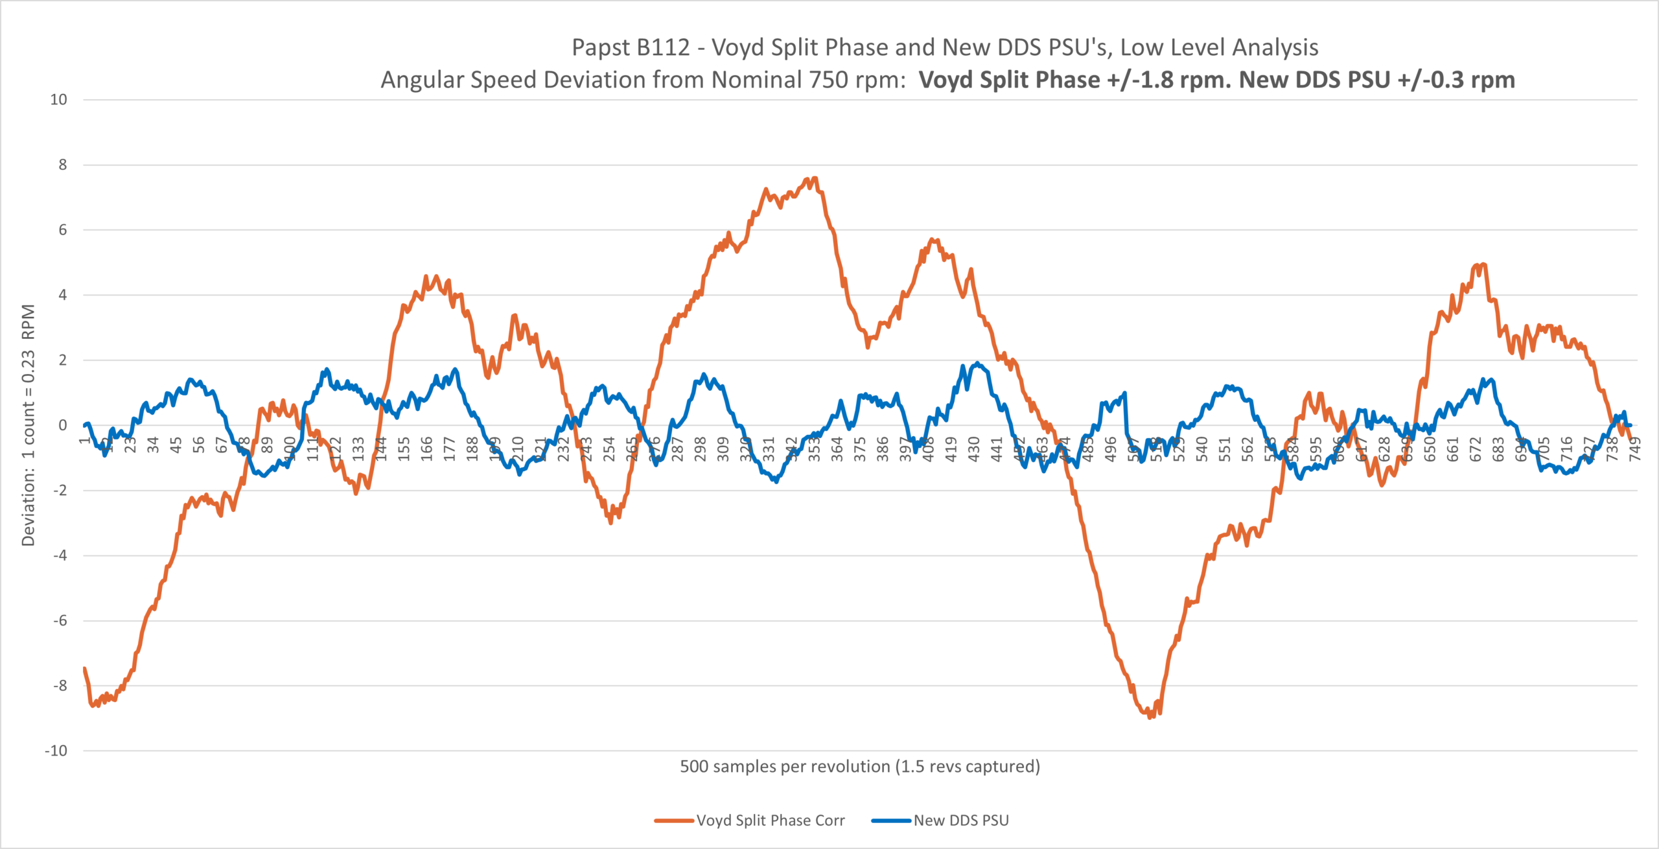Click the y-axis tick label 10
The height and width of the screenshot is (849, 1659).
pyautogui.click(x=58, y=100)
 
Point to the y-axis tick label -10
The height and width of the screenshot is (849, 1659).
pyautogui.click(x=56, y=751)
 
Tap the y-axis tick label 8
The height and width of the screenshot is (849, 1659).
pyautogui.click(x=62, y=165)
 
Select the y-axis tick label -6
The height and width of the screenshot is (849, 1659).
pyautogui.click(x=60, y=621)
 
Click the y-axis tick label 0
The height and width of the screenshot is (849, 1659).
pyautogui.click(x=62, y=425)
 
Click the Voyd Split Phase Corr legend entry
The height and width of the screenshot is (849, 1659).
pyautogui.click(x=750, y=820)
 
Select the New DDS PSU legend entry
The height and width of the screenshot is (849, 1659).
pyautogui.click(x=941, y=820)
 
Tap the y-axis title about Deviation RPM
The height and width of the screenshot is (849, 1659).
pyautogui.click(x=28, y=425)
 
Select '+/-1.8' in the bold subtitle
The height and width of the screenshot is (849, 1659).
pyautogui.click(x=1144, y=80)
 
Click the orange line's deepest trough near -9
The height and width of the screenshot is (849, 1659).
pyautogui.click(x=1150, y=716)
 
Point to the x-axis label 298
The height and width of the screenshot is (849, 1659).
pyautogui.click(x=701, y=448)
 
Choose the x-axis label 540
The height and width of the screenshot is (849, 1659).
pyautogui.click(x=1202, y=448)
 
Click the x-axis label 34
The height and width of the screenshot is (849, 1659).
pyautogui.click(x=153, y=445)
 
